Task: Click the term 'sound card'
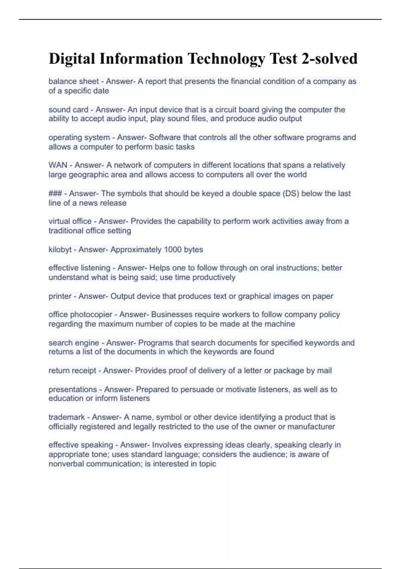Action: (68, 109)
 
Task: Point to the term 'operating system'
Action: (79, 138)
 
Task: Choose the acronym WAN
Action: (58, 165)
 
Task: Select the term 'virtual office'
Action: (70, 221)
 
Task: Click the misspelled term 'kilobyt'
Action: (60, 250)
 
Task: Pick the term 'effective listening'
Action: (79, 268)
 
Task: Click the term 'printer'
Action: (60, 296)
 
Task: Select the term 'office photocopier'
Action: (80, 315)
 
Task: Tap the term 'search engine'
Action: (74, 343)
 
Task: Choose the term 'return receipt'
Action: (72, 371)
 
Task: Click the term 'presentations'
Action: (73, 390)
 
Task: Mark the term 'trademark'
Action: (66, 417)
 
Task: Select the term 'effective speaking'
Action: (81, 445)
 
